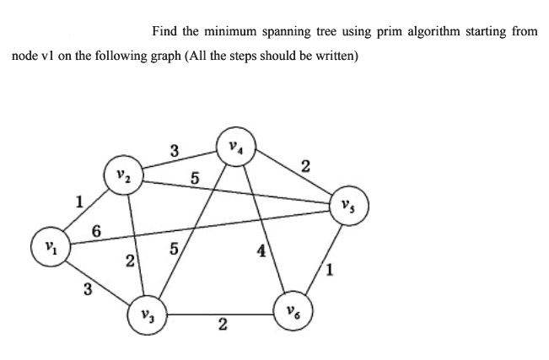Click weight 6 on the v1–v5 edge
pyautogui.click(x=96, y=232)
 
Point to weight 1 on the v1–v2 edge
pyautogui.click(x=80, y=202)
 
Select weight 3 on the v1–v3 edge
pyautogui.click(x=88, y=290)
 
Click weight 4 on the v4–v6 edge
pyautogui.click(x=261, y=251)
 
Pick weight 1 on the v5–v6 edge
pyautogui.click(x=330, y=270)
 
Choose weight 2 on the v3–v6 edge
pyautogui.click(x=223, y=325)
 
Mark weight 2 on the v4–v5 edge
pyautogui.click(x=305, y=167)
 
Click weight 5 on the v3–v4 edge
pyautogui.click(x=174, y=249)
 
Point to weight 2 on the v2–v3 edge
pyautogui.click(x=130, y=261)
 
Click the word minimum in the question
pyautogui.click(x=230, y=31)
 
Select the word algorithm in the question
pyautogui.click(x=433, y=32)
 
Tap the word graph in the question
pyautogui.click(x=165, y=56)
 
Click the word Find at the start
pyautogui.click(x=164, y=31)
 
